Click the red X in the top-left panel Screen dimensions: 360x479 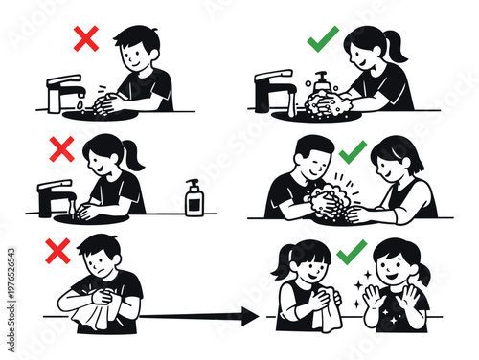(86, 39)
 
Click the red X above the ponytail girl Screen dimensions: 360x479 (62, 149)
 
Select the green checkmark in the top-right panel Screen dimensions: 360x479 (322, 42)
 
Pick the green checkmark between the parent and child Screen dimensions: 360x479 (353, 149)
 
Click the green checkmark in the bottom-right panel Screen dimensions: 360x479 (351, 250)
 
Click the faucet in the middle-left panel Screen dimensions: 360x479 (54, 195)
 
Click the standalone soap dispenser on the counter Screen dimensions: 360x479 (194, 198)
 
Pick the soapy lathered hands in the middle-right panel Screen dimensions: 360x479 (331, 201)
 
